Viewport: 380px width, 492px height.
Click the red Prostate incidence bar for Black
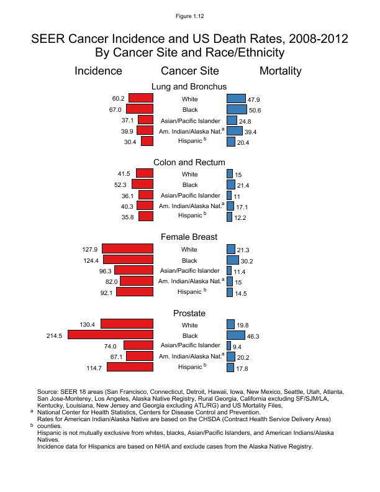[x=111, y=335]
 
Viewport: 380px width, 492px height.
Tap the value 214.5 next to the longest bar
[x=55, y=335]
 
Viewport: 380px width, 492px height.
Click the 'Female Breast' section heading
[x=189, y=237]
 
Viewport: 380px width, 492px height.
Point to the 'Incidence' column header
[x=98, y=71]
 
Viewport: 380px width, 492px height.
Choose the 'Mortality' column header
[x=280, y=71]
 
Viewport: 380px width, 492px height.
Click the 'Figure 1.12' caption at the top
[x=190, y=15]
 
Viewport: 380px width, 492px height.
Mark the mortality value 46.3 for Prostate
[x=253, y=336]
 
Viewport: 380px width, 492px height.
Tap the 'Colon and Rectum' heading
[x=189, y=162]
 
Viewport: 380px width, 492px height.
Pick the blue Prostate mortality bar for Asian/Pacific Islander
[x=228, y=345]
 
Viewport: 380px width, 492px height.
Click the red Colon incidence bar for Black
[x=142, y=184]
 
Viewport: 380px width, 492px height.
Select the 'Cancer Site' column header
[x=189, y=71]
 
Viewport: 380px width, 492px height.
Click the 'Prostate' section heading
[x=189, y=313]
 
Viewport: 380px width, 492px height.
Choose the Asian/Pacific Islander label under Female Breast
[x=189, y=271]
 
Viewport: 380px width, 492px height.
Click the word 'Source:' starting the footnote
[x=48, y=392]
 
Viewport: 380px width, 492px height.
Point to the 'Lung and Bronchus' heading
[x=189, y=86]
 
